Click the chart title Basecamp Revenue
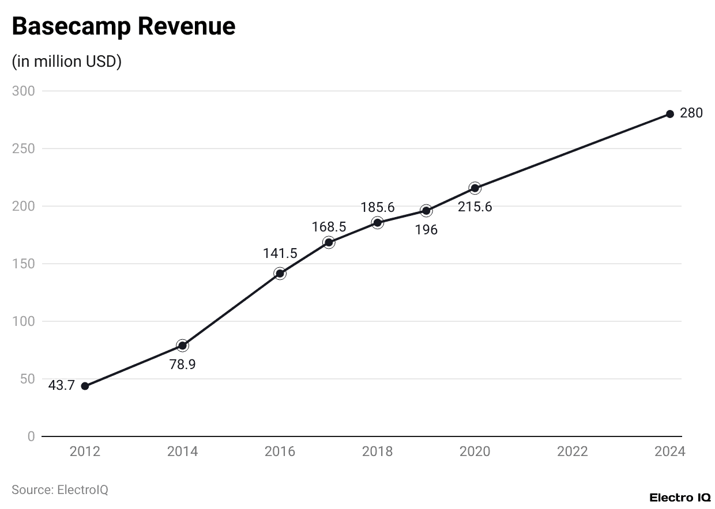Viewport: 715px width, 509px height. (x=123, y=26)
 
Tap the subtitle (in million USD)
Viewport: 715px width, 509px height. (x=66, y=62)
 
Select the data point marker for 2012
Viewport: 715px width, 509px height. (x=85, y=386)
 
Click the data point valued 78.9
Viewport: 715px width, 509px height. (x=182, y=345)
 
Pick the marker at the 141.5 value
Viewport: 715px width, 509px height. (x=280, y=274)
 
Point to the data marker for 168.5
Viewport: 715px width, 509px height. (x=329, y=242)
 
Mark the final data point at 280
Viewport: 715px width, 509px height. (x=669, y=114)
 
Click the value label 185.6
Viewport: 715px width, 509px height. (x=378, y=207)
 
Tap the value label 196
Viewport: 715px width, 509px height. (x=426, y=230)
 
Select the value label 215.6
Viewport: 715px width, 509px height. (x=475, y=207)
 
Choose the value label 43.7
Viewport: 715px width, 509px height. (x=61, y=386)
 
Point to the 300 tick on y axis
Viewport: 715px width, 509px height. (x=24, y=91)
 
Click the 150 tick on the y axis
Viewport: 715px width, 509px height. (x=24, y=264)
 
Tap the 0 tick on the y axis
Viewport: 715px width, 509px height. (x=31, y=436)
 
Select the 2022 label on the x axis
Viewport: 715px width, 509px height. (x=572, y=451)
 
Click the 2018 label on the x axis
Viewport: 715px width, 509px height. (x=377, y=451)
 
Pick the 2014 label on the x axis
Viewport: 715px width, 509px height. (x=182, y=451)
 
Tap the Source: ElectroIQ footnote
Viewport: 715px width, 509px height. (x=60, y=489)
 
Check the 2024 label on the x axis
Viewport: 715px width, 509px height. (x=669, y=451)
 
